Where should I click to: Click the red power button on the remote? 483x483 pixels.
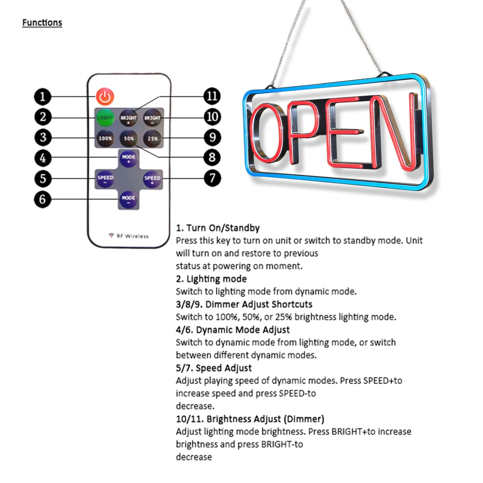point(104,97)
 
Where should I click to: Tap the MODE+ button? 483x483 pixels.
point(128,158)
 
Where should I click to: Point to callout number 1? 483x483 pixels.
point(43,97)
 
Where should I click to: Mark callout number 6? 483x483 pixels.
point(43,199)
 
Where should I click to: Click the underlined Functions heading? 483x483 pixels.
point(42,23)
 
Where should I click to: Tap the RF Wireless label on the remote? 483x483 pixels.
point(128,236)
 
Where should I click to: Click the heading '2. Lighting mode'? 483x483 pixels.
point(211,279)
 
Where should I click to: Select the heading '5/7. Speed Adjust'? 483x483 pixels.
point(213,368)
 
